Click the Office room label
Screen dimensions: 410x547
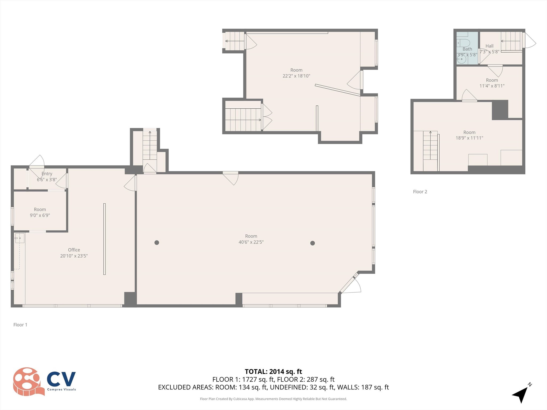(74, 250)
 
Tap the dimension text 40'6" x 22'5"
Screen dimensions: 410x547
(251, 242)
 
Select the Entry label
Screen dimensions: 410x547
(47, 174)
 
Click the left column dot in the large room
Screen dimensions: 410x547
(157, 243)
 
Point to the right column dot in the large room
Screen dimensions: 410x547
(312, 243)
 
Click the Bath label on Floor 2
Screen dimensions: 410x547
(467, 49)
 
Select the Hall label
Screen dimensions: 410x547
(489, 46)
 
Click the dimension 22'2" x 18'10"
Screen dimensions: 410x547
(296, 76)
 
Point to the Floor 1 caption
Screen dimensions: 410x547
(20, 325)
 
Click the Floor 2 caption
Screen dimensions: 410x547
(420, 192)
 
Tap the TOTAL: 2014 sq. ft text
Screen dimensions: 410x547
(273, 372)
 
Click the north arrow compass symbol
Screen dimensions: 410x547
(521, 395)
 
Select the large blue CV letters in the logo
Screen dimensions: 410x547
(61, 379)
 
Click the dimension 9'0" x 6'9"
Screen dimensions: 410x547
(40, 215)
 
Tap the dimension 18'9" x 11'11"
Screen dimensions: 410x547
(469, 138)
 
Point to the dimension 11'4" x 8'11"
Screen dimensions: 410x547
(492, 86)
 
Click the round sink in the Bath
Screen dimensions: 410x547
(461, 60)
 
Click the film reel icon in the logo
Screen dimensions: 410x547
(28, 381)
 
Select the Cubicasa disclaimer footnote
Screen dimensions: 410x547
(273, 399)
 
